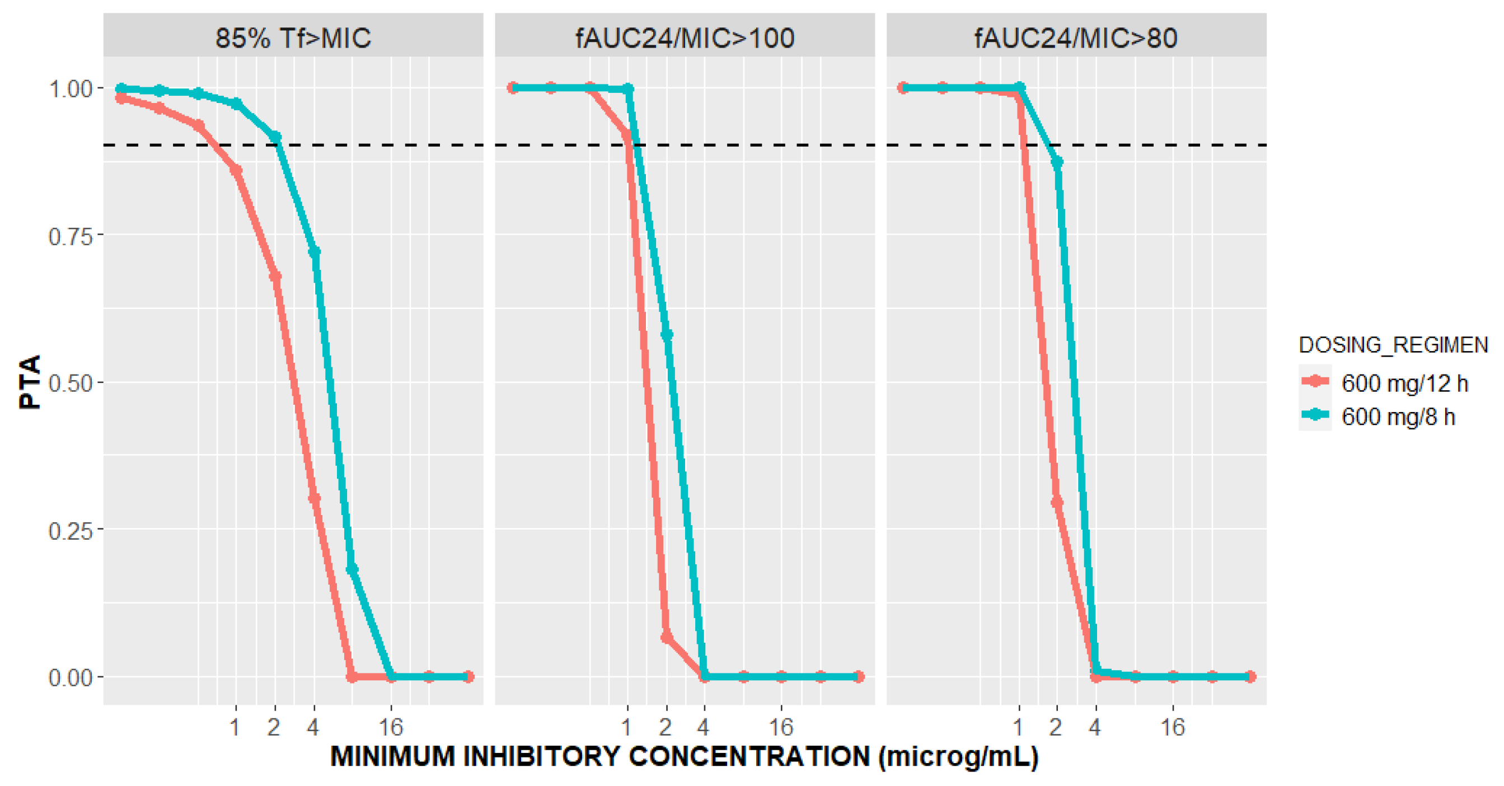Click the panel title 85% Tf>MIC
pyautogui.click(x=293, y=38)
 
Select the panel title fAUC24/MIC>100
pyautogui.click(x=685, y=38)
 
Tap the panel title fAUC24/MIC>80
pyautogui.click(x=1075, y=38)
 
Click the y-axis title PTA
pyautogui.click(x=29, y=382)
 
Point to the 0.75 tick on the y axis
pyautogui.click(x=70, y=236)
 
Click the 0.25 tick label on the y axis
pyautogui.click(x=70, y=531)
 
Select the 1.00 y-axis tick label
pyautogui.click(x=70, y=90)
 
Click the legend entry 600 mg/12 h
pyautogui.click(x=1404, y=383)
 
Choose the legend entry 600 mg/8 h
pyautogui.click(x=1398, y=417)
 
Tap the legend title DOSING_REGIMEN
pyautogui.click(x=1393, y=345)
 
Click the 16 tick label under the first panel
pyautogui.click(x=391, y=727)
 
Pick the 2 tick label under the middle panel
pyautogui.click(x=665, y=727)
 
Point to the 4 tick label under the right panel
pyautogui.click(x=1095, y=727)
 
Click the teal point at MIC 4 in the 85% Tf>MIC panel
pyautogui.click(x=314, y=252)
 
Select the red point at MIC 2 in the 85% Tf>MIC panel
pyautogui.click(x=275, y=276)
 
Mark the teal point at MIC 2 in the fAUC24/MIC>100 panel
pyautogui.click(x=667, y=335)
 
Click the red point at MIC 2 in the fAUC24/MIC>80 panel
pyautogui.click(x=1057, y=501)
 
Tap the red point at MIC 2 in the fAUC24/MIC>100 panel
pyautogui.click(x=666, y=637)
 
